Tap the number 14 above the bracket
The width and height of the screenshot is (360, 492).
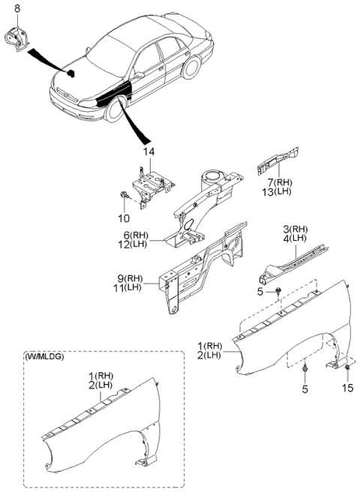coord(149,151)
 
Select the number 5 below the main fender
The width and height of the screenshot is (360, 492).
coord(306,388)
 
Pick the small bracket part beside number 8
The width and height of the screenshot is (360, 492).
coord(16,37)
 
